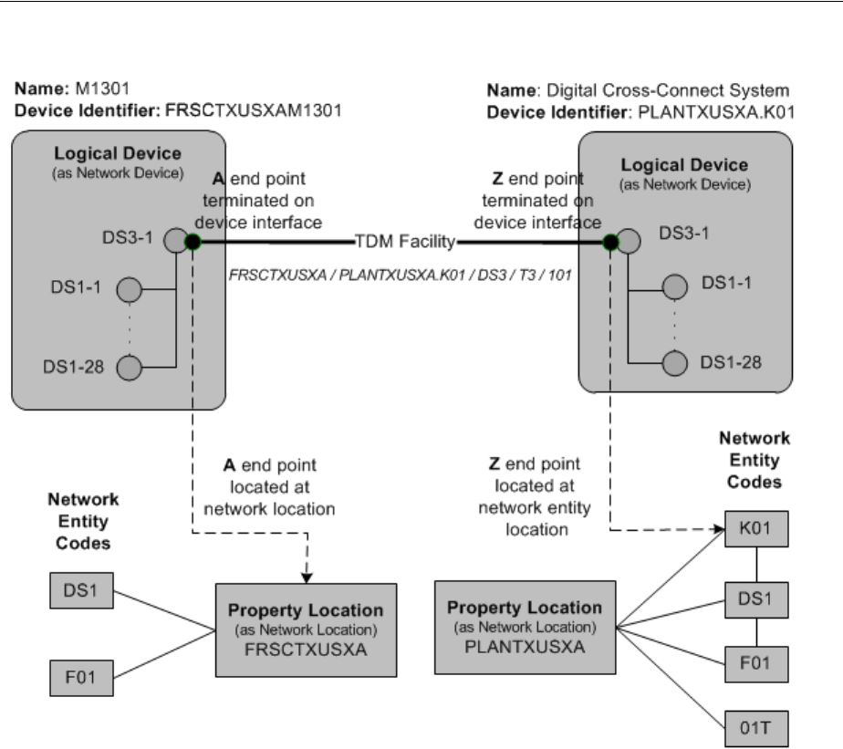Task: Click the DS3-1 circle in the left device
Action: click(x=173, y=241)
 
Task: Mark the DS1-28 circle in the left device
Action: click(x=130, y=369)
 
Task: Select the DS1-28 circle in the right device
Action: click(x=674, y=361)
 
